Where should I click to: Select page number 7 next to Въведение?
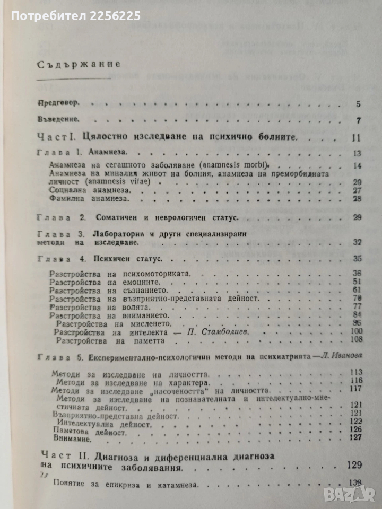tap(359, 121)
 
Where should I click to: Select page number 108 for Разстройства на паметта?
tap(353, 340)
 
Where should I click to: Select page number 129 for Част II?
tap(353, 465)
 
